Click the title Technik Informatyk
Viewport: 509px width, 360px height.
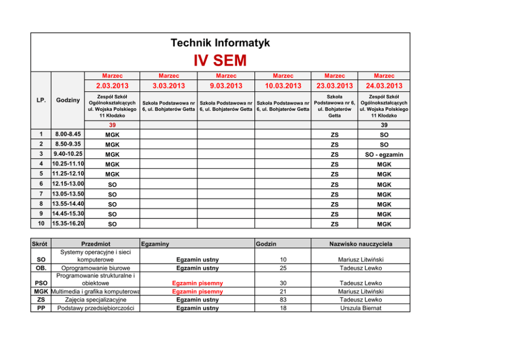[220, 43]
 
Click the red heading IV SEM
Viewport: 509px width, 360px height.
[220, 61]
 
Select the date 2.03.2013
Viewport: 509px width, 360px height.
[112, 86]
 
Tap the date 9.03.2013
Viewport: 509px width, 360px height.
[226, 86]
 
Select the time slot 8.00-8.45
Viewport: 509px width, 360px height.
[67, 134]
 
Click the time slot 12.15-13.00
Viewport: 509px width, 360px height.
[68, 184]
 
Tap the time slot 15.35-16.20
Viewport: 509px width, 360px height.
[68, 224]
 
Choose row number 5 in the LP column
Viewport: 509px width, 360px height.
[41, 174]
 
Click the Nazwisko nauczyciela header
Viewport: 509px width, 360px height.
[361, 244]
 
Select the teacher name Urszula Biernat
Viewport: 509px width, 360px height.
[361, 308]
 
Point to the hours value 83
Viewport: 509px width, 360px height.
[283, 300]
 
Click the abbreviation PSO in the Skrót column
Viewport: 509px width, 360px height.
[41, 283]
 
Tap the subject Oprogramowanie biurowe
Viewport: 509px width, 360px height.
[95, 268]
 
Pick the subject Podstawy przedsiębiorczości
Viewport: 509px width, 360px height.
[95, 308]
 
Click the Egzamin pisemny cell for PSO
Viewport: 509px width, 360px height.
[198, 283]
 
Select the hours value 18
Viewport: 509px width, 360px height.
[283, 308]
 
